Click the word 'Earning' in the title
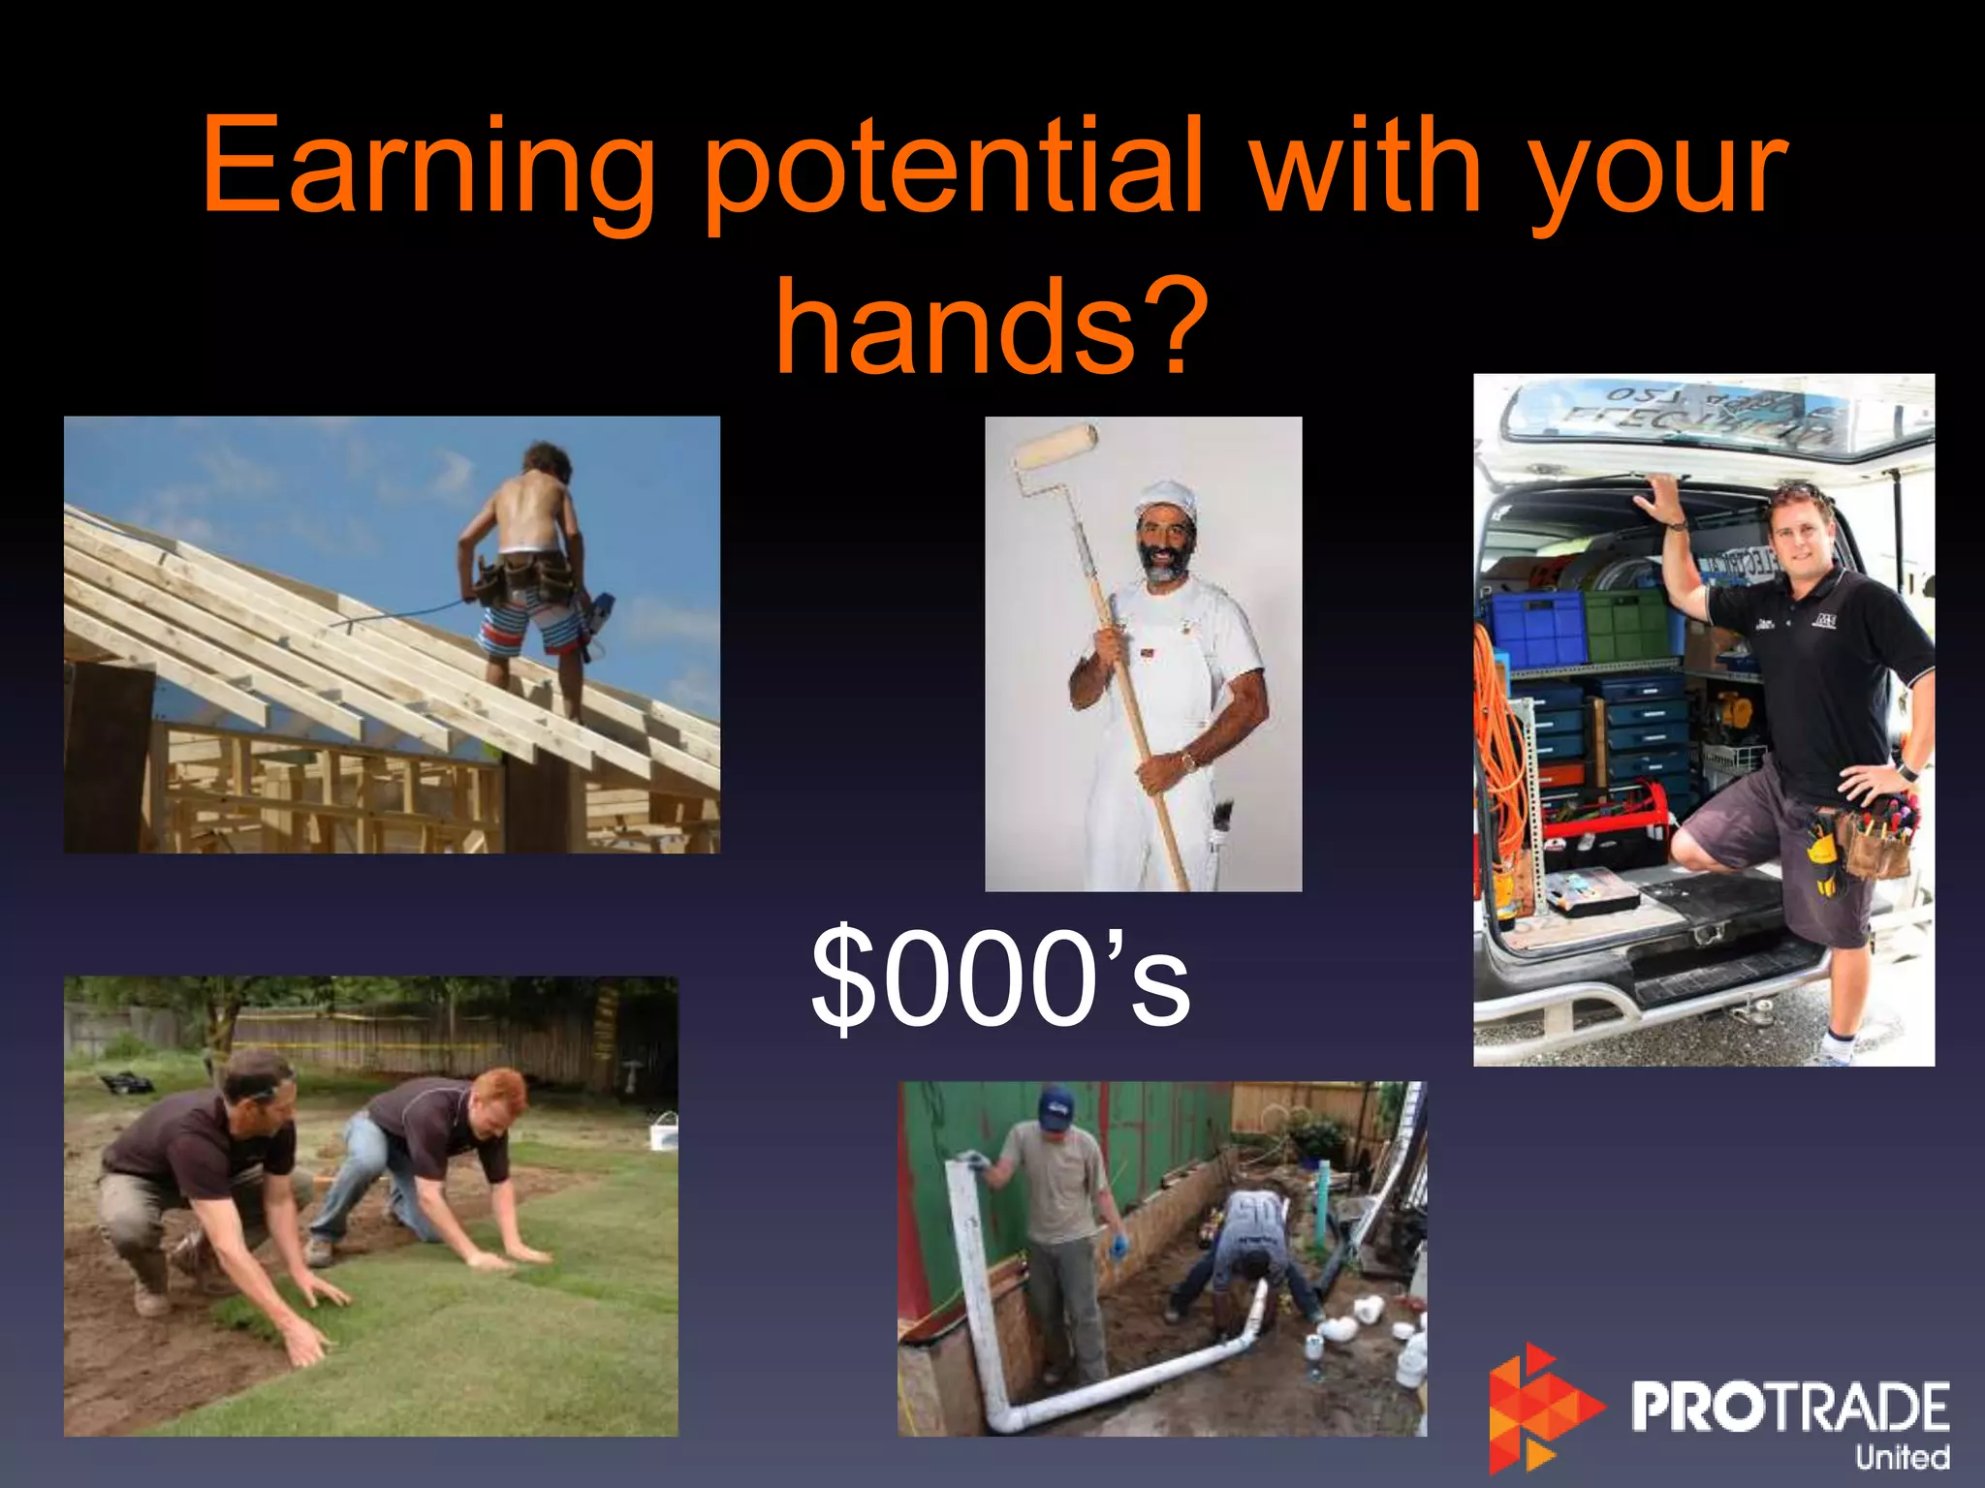(x=426, y=167)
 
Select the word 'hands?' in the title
(x=992, y=325)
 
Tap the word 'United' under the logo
(x=1902, y=1457)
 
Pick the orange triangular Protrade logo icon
(x=1541, y=1405)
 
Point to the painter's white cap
(x=1166, y=496)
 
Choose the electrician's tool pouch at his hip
(x=1875, y=841)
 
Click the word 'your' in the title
(x=1657, y=167)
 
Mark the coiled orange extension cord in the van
(x=1497, y=736)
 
